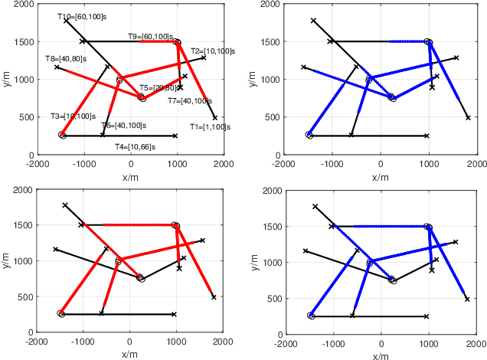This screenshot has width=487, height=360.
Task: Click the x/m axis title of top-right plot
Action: pyautogui.click(x=381, y=175)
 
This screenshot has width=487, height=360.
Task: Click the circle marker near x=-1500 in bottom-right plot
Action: pyautogui.click(x=311, y=316)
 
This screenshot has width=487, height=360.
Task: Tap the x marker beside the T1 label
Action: pyautogui.click(x=215, y=118)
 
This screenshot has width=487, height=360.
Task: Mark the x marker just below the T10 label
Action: pyautogui.click(x=66, y=21)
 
